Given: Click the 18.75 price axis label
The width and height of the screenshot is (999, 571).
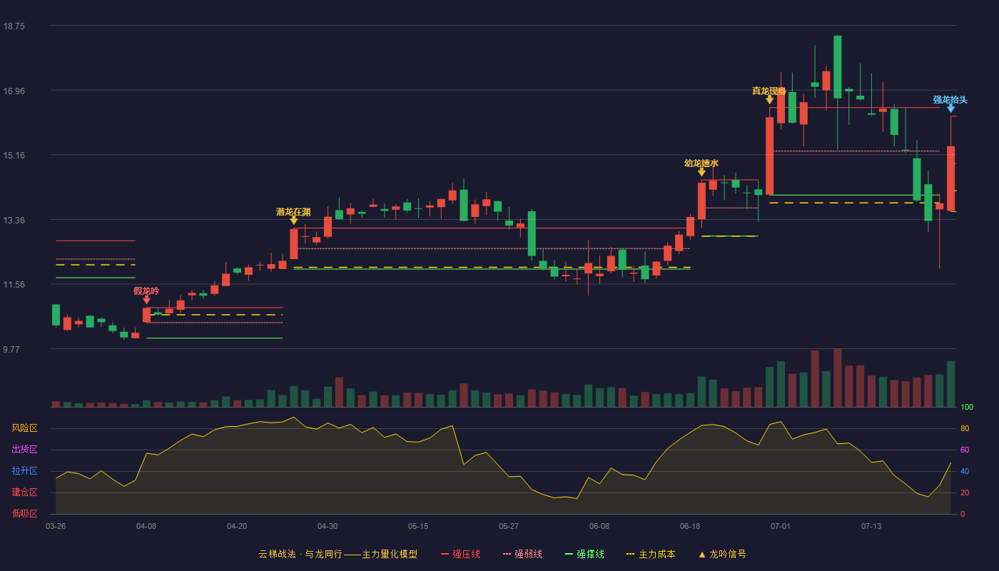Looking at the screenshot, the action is pyautogui.click(x=14, y=26).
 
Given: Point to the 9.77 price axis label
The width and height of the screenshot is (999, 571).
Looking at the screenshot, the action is pyautogui.click(x=11, y=349).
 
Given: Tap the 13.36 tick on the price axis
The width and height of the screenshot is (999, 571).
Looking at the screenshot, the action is pyautogui.click(x=14, y=220).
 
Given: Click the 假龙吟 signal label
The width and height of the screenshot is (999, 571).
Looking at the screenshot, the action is pyautogui.click(x=146, y=291).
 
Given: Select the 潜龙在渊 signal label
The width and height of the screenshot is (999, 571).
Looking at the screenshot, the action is pyautogui.click(x=293, y=212).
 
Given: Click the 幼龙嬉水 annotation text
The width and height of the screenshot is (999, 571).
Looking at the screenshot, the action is pyautogui.click(x=701, y=163).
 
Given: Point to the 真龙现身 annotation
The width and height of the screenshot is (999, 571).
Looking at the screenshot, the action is pyautogui.click(x=769, y=91).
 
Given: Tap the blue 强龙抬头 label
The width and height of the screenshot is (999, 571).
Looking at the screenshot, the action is pyautogui.click(x=950, y=99).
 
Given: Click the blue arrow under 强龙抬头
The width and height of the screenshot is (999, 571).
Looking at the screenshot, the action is pyautogui.click(x=950, y=108).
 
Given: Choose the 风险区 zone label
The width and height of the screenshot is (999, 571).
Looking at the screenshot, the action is pyautogui.click(x=24, y=428).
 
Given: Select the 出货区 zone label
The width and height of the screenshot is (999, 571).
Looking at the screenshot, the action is pyautogui.click(x=24, y=449).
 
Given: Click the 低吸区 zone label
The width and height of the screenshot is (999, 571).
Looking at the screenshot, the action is pyautogui.click(x=24, y=513).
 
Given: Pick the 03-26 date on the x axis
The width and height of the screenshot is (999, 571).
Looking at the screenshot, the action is pyautogui.click(x=56, y=527).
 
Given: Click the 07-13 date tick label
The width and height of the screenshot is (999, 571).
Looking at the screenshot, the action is pyautogui.click(x=871, y=527).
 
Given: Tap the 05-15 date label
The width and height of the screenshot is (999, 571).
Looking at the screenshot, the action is pyautogui.click(x=418, y=527).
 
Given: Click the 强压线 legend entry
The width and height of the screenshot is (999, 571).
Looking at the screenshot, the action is pyautogui.click(x=460, y=554).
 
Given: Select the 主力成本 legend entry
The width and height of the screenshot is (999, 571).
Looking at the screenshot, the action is pyautogui.click(x=651, y=554).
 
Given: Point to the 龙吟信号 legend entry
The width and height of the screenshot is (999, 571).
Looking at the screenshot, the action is pyautogui.click(x=722, y=554).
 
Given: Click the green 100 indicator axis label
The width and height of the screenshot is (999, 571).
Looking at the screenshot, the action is pyautogui.click(x=967, y=407).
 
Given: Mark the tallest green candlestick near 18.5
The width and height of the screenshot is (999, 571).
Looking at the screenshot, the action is pyautogui.click(x=838, y=67).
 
